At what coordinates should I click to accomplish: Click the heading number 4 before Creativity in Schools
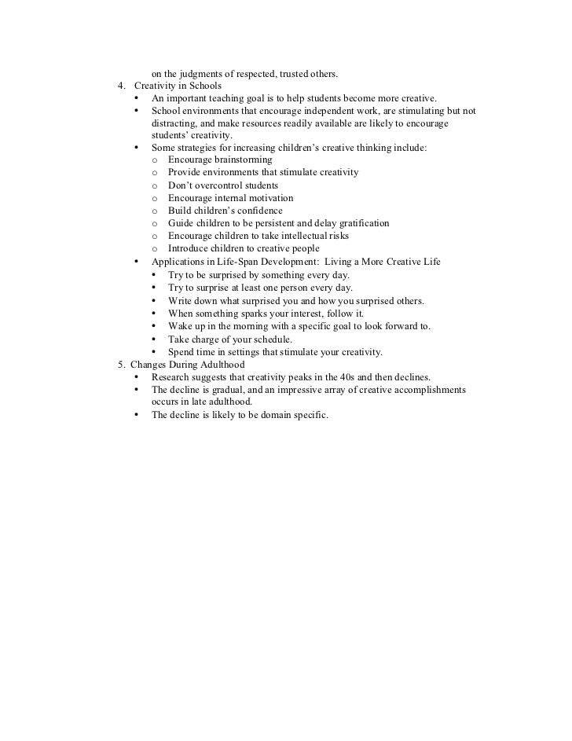[120, 86]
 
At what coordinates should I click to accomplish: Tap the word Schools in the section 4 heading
[203, 86]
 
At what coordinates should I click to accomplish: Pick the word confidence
[255, 211]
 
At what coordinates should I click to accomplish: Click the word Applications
[180, 262]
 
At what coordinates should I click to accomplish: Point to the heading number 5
[120, 365]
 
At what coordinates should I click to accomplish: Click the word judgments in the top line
[203, 74]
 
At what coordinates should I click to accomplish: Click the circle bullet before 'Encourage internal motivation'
[154, 198]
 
